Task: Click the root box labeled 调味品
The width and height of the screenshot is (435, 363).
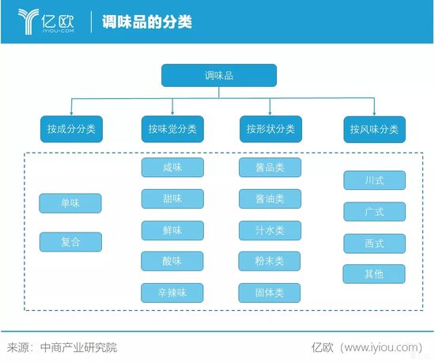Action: tap(219, 75)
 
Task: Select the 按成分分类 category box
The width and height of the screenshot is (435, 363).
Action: tap(71, 129)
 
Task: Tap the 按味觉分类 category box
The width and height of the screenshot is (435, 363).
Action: tap(172, 129)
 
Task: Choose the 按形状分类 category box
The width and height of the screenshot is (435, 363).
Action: tap(270, 129)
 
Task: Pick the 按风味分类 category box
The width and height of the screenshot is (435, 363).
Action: tap(375, 129)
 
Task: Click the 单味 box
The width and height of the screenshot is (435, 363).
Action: tap(70, 203)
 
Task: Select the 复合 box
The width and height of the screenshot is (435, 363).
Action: tap(70, 242)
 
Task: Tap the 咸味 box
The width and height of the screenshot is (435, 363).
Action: tap(172, 167)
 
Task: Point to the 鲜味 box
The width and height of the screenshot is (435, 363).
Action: tap(172, 230)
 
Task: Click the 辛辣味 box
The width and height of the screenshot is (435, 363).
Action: tap(172, 293)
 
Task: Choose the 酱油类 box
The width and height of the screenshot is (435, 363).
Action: tap(270, 199)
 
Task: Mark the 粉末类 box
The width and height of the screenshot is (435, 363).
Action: tap(270, 261)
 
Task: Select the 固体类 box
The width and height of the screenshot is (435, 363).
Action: tap(270, 293)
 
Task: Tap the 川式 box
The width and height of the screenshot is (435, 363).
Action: tap(375, 180)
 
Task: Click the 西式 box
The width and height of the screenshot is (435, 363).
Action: tap(375, 244)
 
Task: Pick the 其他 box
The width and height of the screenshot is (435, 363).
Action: tap(374, 274)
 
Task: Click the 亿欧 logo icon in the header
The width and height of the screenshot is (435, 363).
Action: tap(28, 21)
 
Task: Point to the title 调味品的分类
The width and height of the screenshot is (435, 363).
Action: tap(147, 21)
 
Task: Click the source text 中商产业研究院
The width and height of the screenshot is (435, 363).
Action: tap(78, 347)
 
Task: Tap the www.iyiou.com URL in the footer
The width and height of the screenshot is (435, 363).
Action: tap(380, 347)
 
